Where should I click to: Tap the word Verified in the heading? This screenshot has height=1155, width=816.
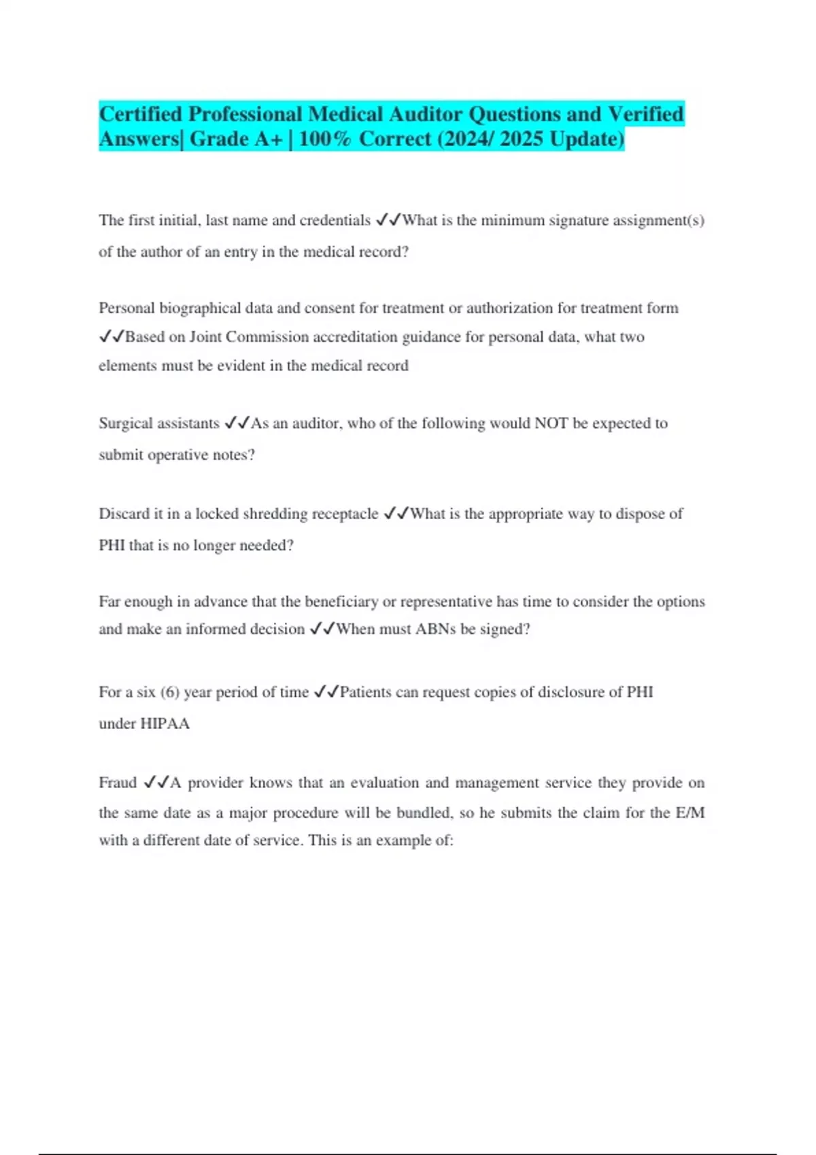645,113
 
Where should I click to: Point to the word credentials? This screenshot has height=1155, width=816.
335,220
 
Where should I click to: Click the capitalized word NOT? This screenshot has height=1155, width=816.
551,423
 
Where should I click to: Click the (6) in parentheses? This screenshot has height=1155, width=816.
170,692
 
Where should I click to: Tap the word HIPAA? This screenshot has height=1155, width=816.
165,724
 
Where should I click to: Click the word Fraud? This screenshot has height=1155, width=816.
118,783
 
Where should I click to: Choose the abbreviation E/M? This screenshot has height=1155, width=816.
690,813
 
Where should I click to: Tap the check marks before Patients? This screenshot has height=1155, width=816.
326,692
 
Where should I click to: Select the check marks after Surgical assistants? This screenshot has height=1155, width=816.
237,423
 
